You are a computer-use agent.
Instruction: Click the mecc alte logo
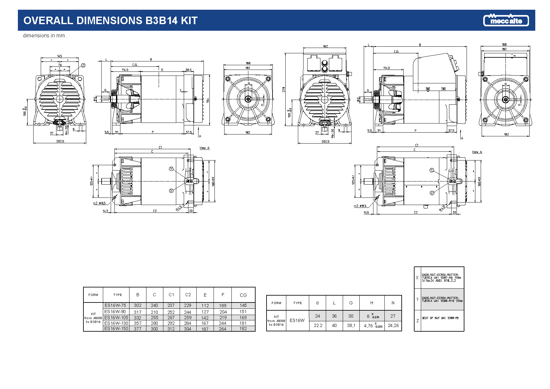506,20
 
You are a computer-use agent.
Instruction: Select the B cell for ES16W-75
138,305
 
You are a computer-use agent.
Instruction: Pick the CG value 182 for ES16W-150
243,329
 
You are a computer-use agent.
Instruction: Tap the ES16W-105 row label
116,318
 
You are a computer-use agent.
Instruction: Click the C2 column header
188,295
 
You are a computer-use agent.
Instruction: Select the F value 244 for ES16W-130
223,323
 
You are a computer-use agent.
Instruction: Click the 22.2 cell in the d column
318,325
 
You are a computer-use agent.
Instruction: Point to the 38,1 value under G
351,325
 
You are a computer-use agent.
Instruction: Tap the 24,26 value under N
393,325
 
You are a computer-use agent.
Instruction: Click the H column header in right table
372,303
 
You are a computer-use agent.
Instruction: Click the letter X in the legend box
417,278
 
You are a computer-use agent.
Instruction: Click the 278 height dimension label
284,89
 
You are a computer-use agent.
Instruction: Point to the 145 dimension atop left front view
60,56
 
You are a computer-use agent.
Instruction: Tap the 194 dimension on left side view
208,100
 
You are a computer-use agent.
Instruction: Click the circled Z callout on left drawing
83,65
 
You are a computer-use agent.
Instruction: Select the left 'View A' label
204,148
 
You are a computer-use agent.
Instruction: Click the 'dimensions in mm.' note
45,36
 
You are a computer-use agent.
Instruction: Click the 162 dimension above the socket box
325,46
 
